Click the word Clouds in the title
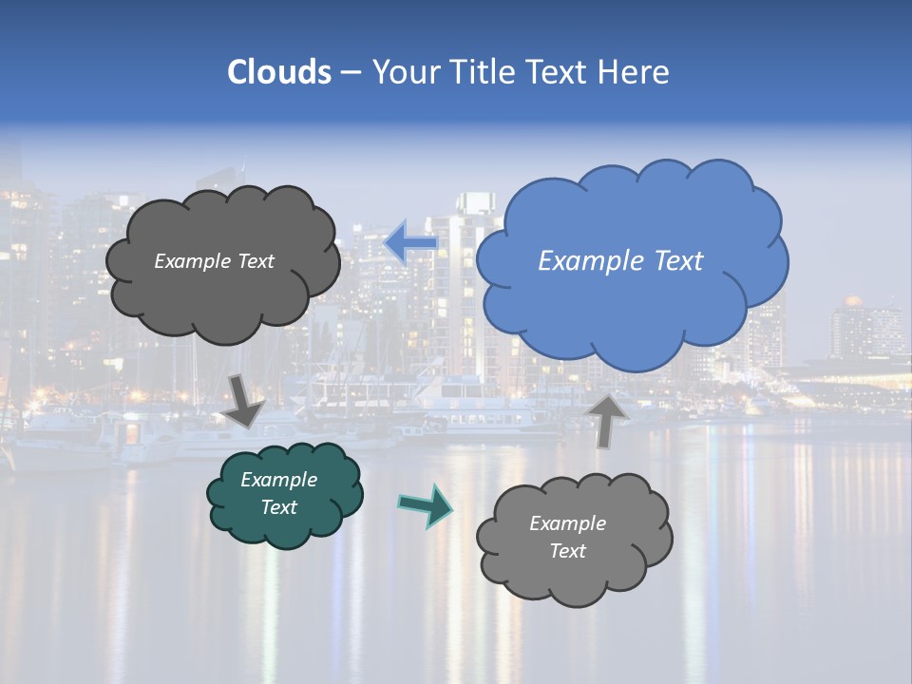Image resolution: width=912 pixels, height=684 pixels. [278, 72]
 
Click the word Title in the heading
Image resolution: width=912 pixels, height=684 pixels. [481, 72]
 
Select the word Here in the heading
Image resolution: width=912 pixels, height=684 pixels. [636, 72]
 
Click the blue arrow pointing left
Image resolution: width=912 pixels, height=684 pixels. [410, 243]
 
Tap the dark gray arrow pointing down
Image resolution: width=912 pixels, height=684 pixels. [244, 400]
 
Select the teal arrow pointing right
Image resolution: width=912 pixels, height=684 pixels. [426, 504]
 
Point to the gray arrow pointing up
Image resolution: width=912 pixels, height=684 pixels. [607, 419]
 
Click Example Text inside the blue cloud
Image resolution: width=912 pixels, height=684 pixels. [620, 261]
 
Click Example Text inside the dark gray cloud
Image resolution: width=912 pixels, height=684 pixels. [214, 261]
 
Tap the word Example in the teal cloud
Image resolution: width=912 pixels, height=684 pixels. [278, 480]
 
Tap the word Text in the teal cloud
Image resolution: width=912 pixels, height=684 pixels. [278, 507]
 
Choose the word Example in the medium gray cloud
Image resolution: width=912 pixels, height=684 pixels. [567, 523]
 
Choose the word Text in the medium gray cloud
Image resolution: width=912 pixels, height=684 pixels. [567, 551]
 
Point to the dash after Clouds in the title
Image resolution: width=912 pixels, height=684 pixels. [350, 73]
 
